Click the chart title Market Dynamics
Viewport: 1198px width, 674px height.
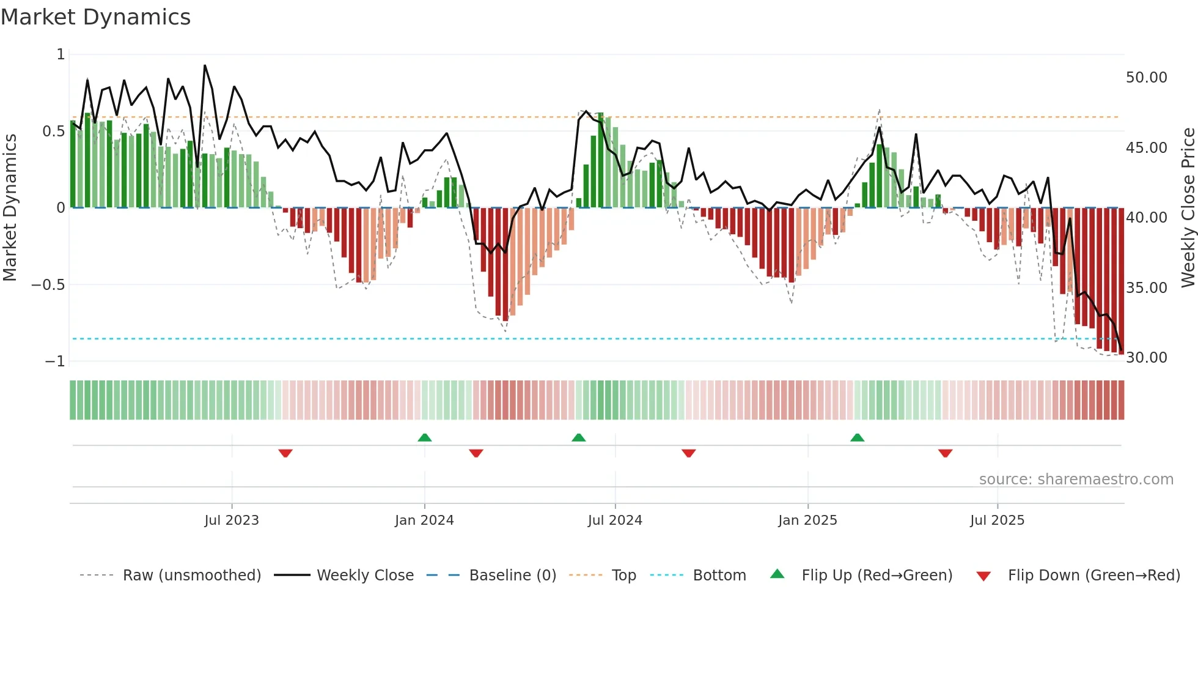click(95, 17)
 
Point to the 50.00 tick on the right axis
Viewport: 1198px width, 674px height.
click(1146, 78)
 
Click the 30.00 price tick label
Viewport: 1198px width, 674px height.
click(1146, 358)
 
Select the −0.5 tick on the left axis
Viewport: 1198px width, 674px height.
click(48, 285)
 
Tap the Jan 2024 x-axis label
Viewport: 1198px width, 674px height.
click(424, 520)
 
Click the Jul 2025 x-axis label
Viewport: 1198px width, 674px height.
click(997, 520)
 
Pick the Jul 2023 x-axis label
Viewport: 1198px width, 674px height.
click(232, 520)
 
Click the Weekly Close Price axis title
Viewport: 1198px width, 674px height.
click(1188, 207)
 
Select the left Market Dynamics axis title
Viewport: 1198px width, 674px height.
click(10, 207)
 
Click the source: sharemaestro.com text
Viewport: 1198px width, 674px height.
click(1076, 480)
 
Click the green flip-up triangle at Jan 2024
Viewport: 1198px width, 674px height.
click(425, 437)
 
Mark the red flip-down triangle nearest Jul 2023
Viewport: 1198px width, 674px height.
click(285, 453)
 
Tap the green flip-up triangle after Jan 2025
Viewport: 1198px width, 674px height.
click(858, 437)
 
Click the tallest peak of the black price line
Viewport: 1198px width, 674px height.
click(205, 65)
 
